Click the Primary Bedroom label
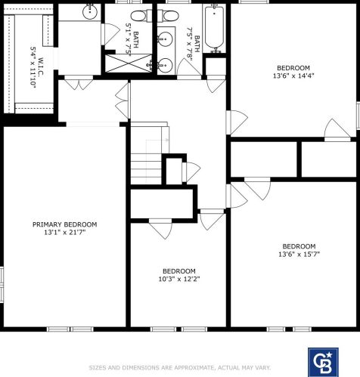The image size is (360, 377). [x=64, y=224]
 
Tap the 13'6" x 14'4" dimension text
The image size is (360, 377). [x=293, y=76]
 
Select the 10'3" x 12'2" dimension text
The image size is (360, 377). [x=179, y=279]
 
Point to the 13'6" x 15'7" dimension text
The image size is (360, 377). [x=299, y=254]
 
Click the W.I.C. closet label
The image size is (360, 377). [x=41, y=66]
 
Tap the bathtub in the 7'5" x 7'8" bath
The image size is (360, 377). [x=214, y=29]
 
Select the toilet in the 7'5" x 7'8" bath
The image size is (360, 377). [x=169, y=16]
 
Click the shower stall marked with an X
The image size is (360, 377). [x=129, y=63]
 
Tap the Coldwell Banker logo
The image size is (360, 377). [x=323, y=363]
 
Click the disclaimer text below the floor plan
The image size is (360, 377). [x=180, y=368]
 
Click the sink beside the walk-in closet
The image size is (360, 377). [x=90, y=12]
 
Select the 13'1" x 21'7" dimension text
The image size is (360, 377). [x=65, y=232]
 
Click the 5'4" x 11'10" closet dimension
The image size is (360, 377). [x=33, y=67]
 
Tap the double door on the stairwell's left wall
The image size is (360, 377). [x=123, y=100]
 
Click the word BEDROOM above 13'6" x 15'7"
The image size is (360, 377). [x=299, y=246]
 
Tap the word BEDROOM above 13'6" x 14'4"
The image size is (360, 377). [x=293, y=68]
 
